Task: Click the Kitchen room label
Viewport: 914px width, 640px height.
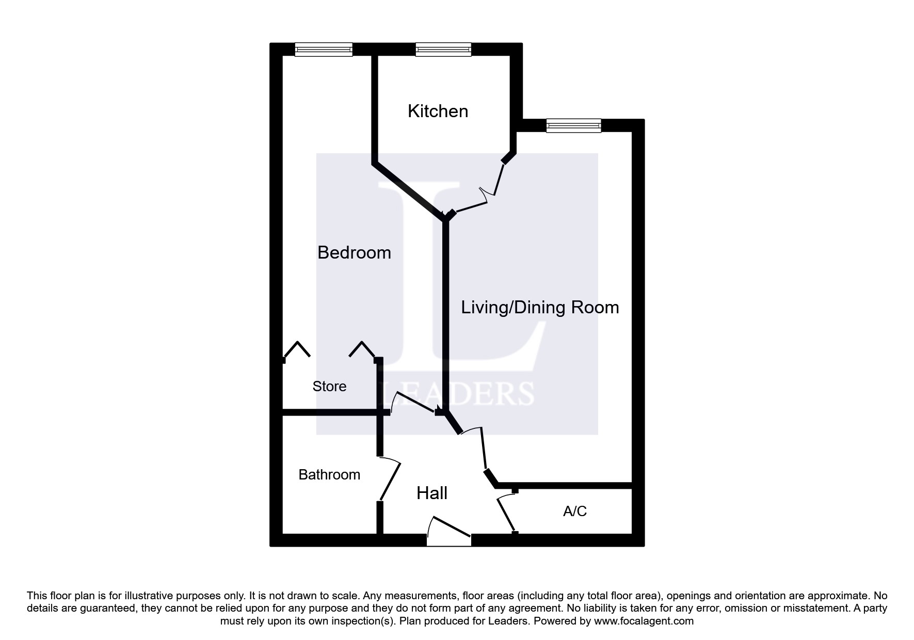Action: (x=438, y=111)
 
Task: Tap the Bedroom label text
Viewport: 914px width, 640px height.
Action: (x=354, y=252)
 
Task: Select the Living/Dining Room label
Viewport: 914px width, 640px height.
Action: (x=539, y=307)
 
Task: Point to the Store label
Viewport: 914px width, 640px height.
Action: (x=329, y=386)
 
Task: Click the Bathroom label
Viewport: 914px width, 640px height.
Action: (x=329, y=474)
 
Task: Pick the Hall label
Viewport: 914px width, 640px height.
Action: (x=432, y=493)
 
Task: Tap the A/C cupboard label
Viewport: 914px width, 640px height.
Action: (x=574, y=511)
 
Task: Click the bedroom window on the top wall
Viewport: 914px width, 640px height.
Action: (x=324, y=50)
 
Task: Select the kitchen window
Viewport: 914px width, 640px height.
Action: (x=443, y=50)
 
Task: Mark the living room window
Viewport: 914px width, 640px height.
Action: (x=573, y=125)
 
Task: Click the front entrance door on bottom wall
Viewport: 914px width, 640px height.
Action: (x=449, y=532)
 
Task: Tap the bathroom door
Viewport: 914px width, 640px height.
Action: (x=390, y=480)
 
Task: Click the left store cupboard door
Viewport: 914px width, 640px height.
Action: (x=297, y=349)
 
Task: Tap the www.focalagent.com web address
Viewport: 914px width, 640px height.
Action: (x=644, y=621)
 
